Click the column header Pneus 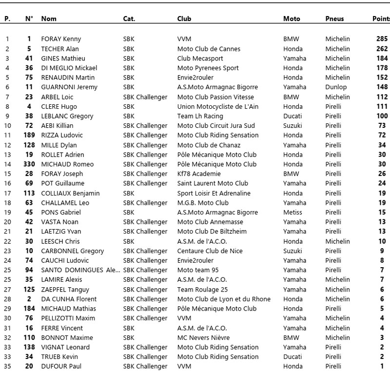pyautogui.click(x=334, y=19)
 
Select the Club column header pyautogui.click(x=184, y=19)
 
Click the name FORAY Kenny pyautogui.click(x=61, y=39)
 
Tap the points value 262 pyautogui.click(x=382, y=49)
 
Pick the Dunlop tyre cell pyautogui.click(x=336, y=87)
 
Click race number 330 pyautogui.click(x=29, y=164)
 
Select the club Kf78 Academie pyautogui.click(x=199, y=174)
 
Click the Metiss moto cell pyautogui.click(x=292, y=213)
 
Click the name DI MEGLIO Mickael pyautogui.click(x=69, y=68)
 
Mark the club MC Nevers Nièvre pyautogui.click(x=203, y=338)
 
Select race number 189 pyautogui.click(x=29, y=136)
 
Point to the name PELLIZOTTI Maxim pyautogui.click(x=67, y=318)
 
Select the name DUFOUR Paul pyautogui.click(x=61, y=367)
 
